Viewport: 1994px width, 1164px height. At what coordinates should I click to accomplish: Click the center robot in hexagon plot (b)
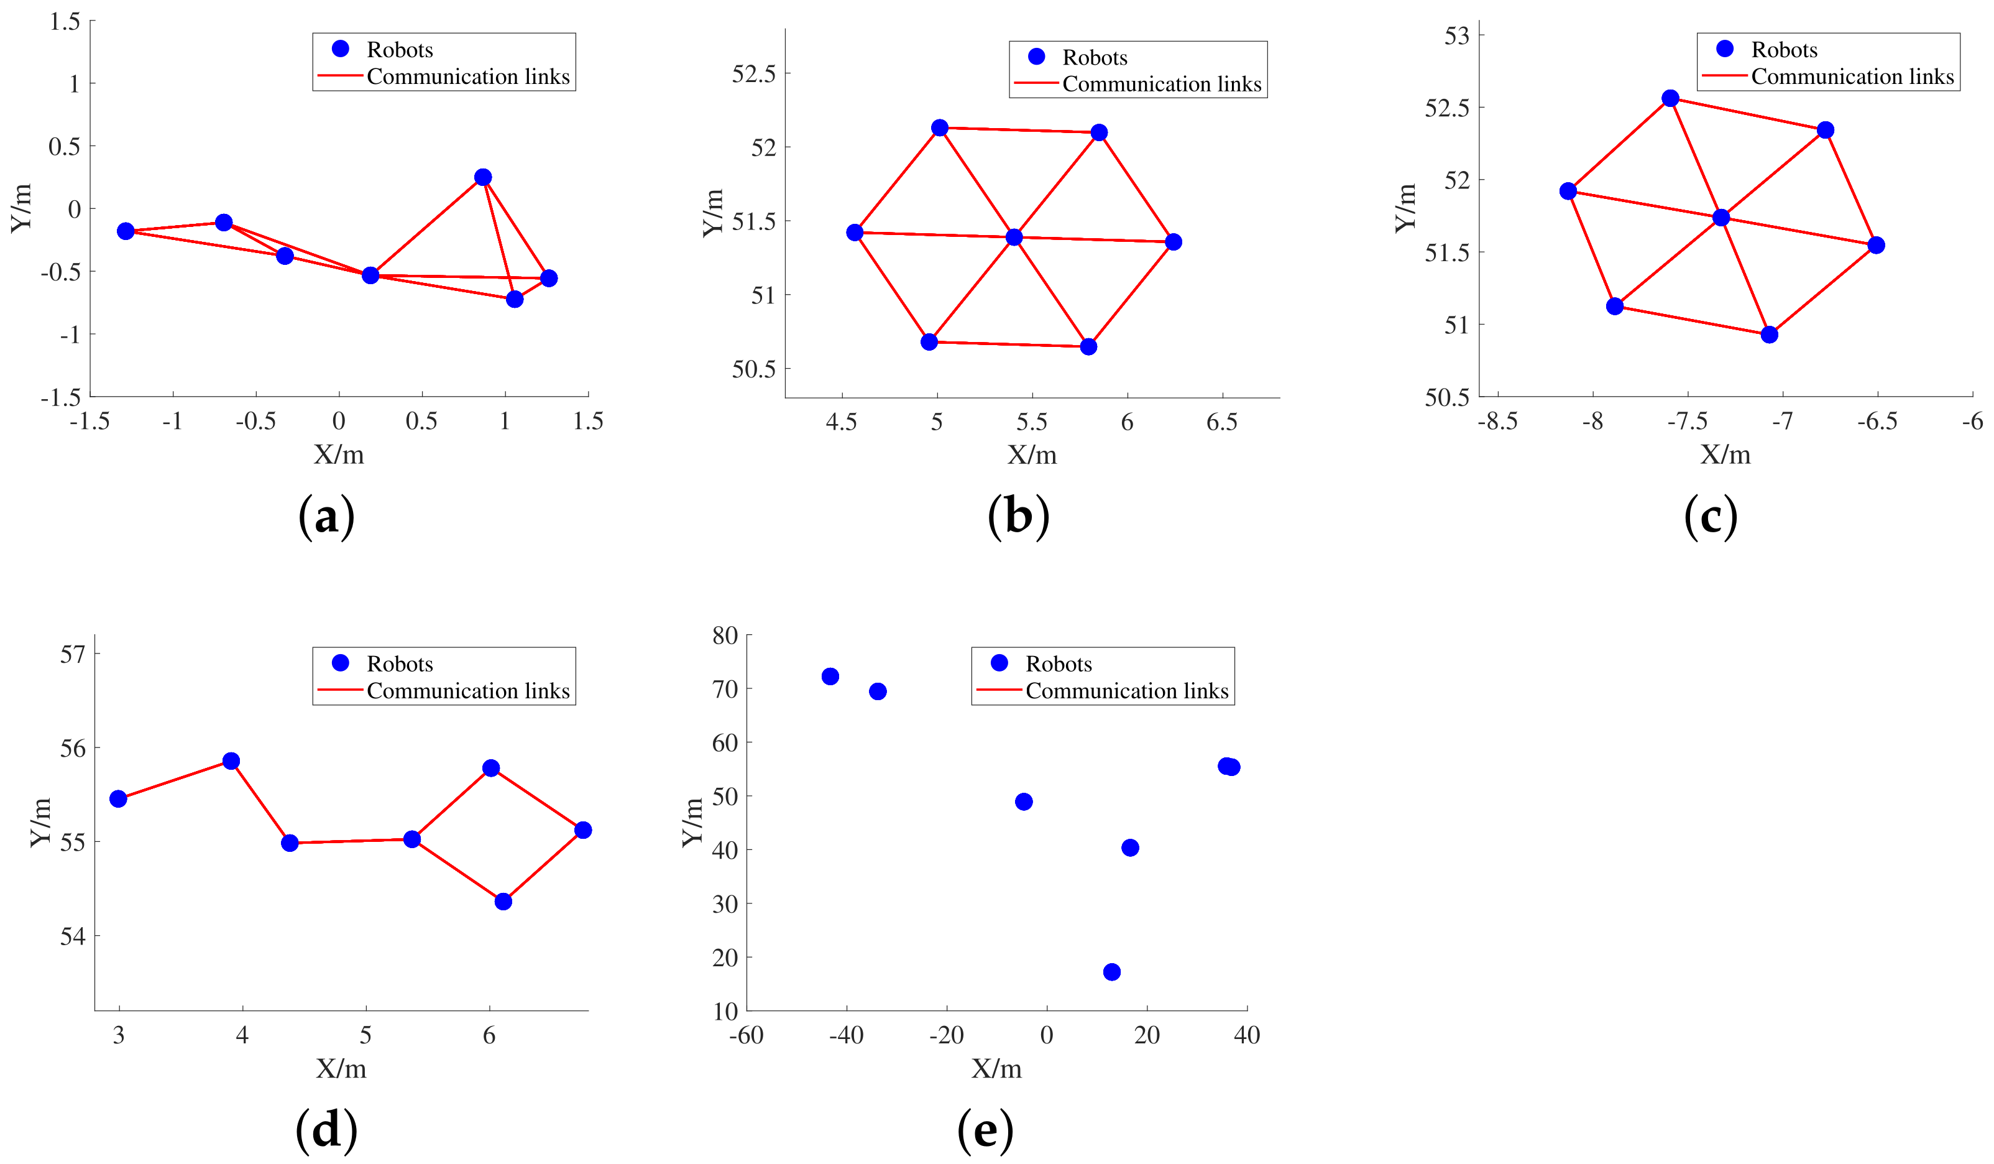[x=1014, y=238]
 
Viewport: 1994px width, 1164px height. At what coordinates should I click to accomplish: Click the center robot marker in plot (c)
[x=1721, y=218]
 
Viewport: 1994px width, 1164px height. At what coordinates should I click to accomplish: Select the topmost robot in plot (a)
[x=483, y=177]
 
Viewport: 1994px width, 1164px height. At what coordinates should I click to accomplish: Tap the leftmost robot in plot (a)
[x=126, y=231]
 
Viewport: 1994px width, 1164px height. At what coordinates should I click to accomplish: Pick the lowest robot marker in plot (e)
[x=1112, y=972]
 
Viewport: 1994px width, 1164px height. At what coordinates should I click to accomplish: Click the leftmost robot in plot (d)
[x=119, y=798]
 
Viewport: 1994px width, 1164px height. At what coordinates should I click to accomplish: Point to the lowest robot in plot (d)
[x=503, y=901]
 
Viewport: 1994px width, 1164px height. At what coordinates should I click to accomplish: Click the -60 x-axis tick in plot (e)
[x=746, y=1035]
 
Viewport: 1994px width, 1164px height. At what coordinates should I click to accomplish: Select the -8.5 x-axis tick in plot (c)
[x=1498, y=421]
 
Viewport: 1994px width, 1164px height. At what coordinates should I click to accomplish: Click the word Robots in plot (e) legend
[x=1059, y=664]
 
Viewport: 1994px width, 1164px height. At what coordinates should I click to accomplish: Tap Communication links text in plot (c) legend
[x=1852, y=76]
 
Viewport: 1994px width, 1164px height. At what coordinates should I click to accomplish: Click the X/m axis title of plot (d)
[x=341, y=1069]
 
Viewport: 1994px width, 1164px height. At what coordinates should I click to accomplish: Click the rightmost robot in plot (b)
[x=1174, y=242]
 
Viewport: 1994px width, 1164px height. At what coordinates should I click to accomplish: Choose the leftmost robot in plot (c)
[x=1568, y=191]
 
